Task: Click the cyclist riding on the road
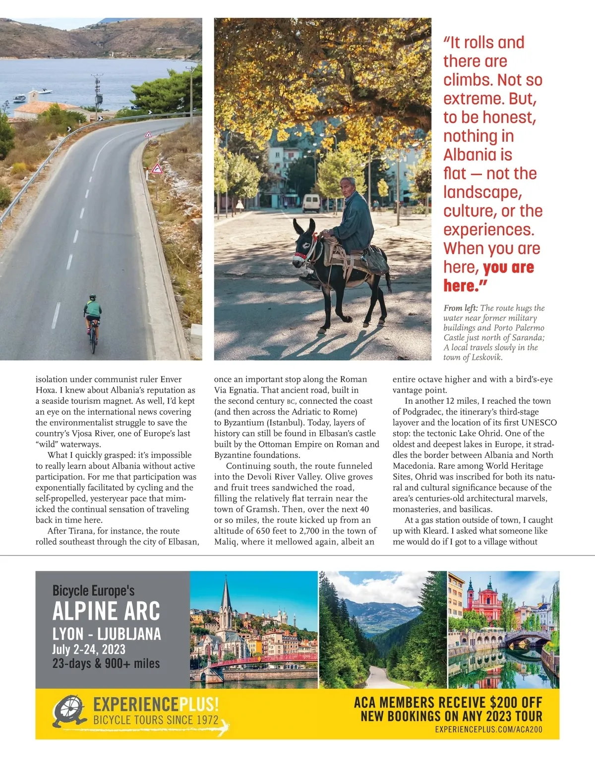(x=92, y=320)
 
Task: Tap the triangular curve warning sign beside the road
(x=157, y=169)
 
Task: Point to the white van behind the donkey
(x=311, y=203)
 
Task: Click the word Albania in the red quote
(x=477, y=155)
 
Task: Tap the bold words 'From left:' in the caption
(x=461, y=308)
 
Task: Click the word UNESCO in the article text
(x=539, y=423)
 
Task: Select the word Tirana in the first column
(x=81, y=531)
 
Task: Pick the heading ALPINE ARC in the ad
(x=107, y=611)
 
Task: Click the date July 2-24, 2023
(x=89, y=649)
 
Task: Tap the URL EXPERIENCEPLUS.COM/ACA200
(x=488, y=729)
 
